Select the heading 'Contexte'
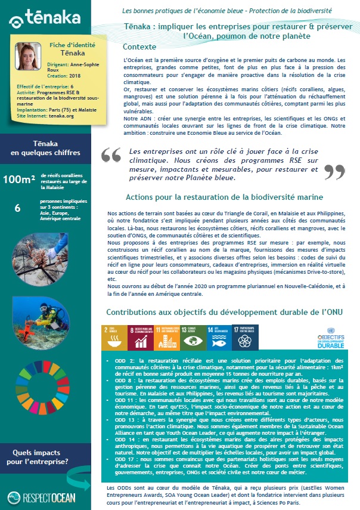[139, 47]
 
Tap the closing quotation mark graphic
[334, 171]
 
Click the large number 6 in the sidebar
[18, 207]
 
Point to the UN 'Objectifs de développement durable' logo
[330, 337]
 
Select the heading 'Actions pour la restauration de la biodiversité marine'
[224, 197]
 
